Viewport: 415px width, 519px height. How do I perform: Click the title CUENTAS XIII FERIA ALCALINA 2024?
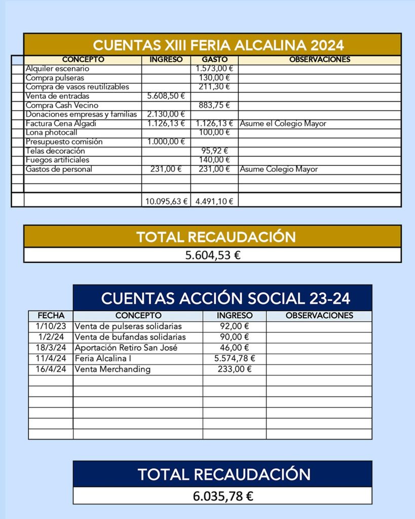[218, 45]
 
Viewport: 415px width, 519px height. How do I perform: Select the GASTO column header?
[214, 60]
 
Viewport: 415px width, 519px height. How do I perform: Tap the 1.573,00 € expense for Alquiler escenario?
[214, 68]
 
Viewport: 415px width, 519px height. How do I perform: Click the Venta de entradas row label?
[57, 96]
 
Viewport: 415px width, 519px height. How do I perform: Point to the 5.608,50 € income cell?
[166, 96]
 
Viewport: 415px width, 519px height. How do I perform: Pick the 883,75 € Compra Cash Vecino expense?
[214, 105]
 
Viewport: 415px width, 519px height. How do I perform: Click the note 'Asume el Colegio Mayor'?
[283, 124]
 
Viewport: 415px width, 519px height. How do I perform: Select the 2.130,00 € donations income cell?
[166, 115]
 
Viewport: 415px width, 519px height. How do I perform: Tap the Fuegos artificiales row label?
[57, 160]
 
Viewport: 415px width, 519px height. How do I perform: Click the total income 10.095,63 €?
[166, 201]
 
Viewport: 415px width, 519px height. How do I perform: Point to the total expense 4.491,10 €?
[214, 201]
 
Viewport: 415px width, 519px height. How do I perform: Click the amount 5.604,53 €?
[212, 255]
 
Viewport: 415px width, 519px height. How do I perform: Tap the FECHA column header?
[51, 316]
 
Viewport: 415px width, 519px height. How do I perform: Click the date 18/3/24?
[51, 348]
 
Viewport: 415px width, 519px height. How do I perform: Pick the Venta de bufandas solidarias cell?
[130, 337]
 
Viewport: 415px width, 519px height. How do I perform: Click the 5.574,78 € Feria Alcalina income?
[235, 358]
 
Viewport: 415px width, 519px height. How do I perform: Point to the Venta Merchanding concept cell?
[112, 369]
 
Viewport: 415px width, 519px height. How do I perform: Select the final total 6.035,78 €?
[223, 496]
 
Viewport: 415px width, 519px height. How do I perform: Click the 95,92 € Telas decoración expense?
[214, 151]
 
